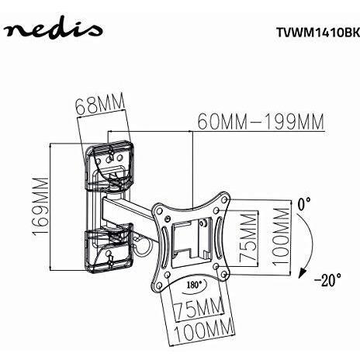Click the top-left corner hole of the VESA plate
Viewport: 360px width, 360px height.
160,210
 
